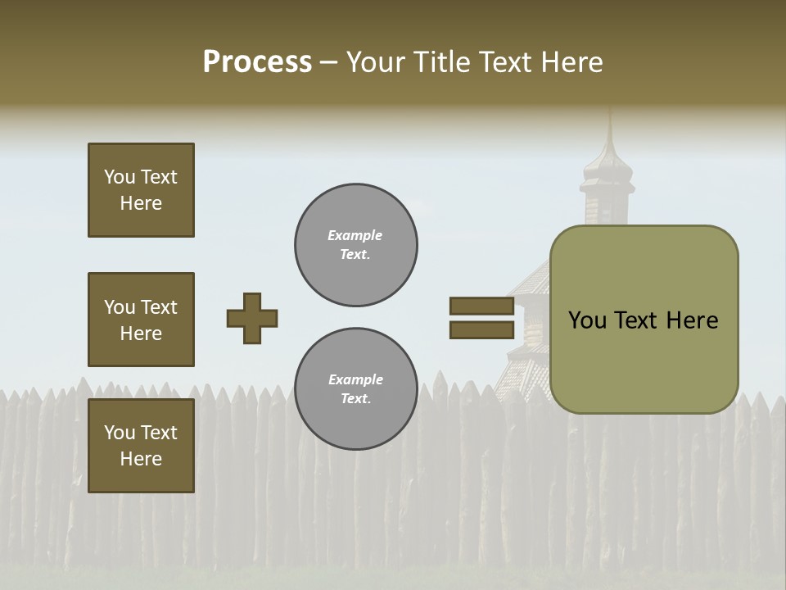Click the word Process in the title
point(257,62)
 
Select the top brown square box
point(141,190)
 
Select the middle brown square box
point(141,320)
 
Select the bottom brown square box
point(141,445)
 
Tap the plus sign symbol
point(252,318)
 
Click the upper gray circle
point(356,245)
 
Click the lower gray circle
point(356,389)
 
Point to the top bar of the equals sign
point(482,306)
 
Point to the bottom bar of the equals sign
point(482,330)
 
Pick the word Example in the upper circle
point(355,235)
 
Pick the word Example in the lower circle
point(355,379)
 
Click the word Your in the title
point(377,62)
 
